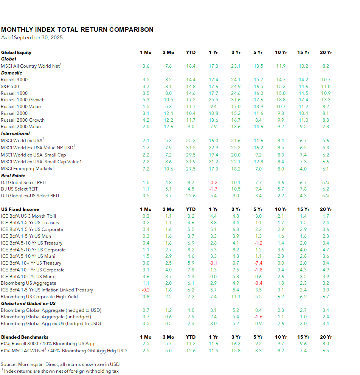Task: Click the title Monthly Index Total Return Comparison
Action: [77, 29]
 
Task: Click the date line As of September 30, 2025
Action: [32, 37]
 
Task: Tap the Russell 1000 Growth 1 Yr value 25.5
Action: [213, 100]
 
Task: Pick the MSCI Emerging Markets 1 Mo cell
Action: [146, 169]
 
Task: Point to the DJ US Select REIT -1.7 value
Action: [213, 189]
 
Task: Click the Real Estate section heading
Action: [13, 176]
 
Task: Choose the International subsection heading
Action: [16, 133]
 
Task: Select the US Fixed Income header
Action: [20, 209]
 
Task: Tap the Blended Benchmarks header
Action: [25, 337]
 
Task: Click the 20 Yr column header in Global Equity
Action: [326, 53]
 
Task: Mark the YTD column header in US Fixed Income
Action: [191, 209]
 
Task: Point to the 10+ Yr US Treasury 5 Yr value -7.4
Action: [258, 263]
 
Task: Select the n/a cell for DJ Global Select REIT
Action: [326, 182]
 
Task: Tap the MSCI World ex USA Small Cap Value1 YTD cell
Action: [191, 162]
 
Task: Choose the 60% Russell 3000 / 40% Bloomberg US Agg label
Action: [48, 344]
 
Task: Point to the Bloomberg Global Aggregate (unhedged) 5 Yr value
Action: [258, 317]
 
